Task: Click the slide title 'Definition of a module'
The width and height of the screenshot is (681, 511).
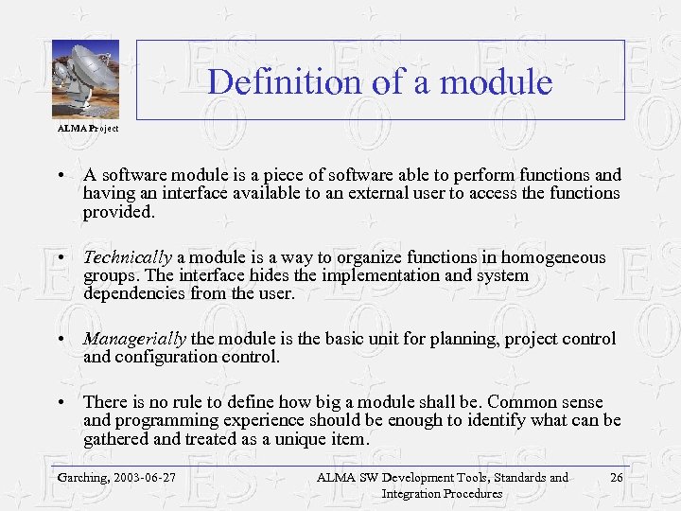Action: coord(379,81)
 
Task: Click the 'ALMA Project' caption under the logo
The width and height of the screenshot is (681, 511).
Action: coord(87,128)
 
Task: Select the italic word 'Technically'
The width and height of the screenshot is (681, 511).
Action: coord(128,257)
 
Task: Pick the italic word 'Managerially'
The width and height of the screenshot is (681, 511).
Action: coord(135,339)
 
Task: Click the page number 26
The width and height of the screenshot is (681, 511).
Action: coord(616,478)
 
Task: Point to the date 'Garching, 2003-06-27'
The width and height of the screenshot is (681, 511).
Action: coord(116,478)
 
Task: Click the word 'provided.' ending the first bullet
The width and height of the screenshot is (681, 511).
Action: coord(118,212)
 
